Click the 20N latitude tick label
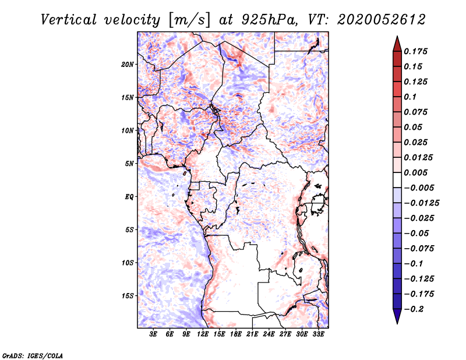pyautogui.click(x=128, y=64)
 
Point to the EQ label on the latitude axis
pyautogui.click(x=129, y=197)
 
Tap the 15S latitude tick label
pyautogui.click(x=128, y=296)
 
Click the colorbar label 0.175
pyautogui.click(x=416, y=52)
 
